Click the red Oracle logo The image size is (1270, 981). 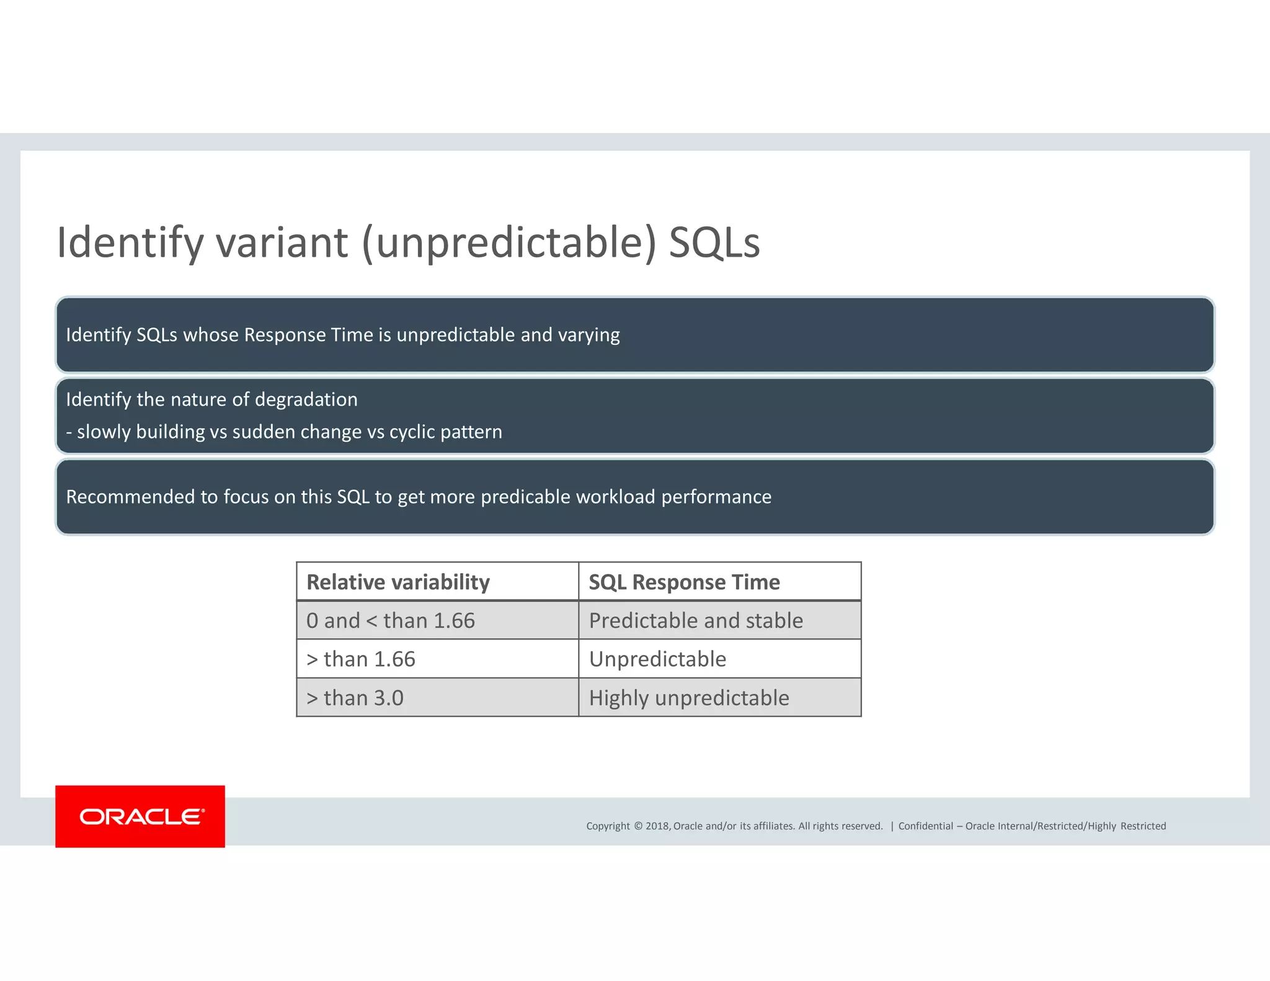140,816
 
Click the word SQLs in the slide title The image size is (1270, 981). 714,242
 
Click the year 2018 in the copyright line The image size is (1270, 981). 657,826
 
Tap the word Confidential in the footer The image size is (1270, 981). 925,826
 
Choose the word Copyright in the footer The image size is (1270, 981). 608,826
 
